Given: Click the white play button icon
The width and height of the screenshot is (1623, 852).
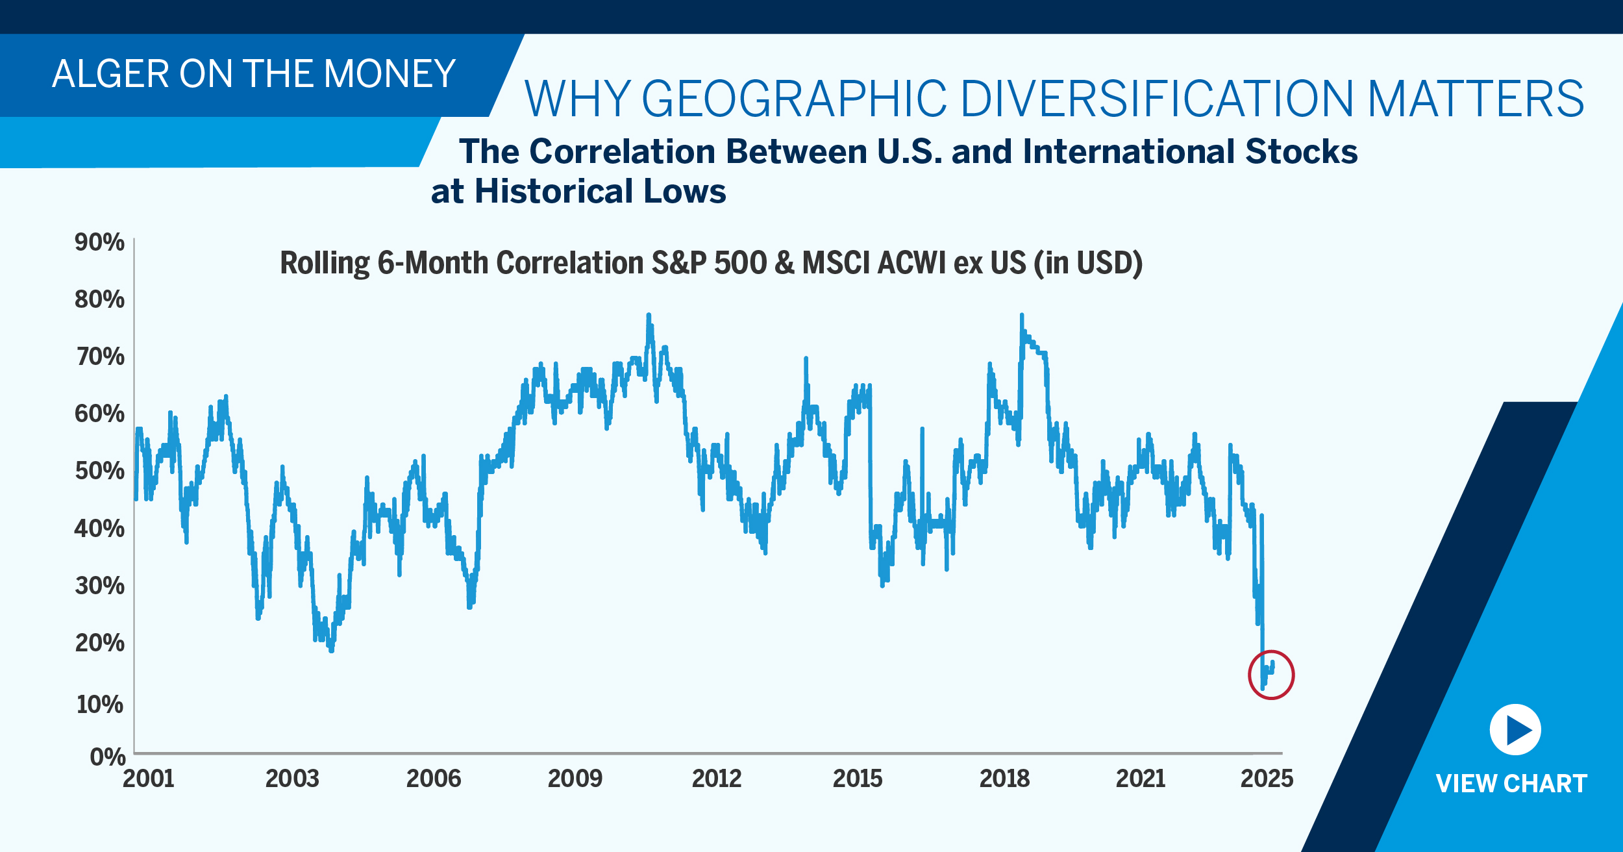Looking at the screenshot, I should click(1515, 730).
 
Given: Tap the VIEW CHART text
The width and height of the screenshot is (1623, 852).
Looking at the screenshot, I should click(1511, 784).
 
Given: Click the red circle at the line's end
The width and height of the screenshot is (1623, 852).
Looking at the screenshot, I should click(1271, 675).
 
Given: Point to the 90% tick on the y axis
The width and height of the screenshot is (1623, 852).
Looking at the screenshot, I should click(99, 242).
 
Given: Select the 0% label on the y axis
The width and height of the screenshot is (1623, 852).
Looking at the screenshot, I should click(107, 757).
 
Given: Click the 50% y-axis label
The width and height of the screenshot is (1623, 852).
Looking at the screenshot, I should click(99, 471).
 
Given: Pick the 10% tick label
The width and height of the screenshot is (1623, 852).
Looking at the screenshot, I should click(99, 705).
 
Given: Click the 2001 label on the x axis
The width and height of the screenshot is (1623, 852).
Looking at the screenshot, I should click(149, 779).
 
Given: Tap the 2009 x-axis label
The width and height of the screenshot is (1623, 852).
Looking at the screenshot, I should click(575, 779).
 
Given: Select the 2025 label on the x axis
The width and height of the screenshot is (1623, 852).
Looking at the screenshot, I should click(1267, 779).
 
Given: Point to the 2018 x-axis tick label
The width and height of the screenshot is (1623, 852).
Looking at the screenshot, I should click(1004, 779).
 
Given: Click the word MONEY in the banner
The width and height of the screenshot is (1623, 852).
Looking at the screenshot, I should click(390, 74).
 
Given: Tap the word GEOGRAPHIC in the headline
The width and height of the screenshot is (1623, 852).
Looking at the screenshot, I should click(794, 99).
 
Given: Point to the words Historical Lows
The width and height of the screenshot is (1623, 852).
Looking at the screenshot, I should click(600, 192).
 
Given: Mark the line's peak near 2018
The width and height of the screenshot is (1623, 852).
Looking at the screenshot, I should click(1021, 316).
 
